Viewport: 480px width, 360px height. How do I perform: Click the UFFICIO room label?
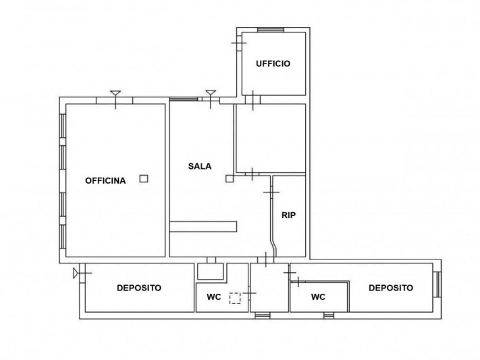point(273,64)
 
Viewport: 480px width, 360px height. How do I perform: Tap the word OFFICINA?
point(105,181)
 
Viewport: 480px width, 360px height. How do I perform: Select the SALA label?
point(200,166)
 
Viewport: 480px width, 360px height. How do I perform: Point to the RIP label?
point(288,215)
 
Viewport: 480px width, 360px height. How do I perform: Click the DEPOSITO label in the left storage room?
point(139,288)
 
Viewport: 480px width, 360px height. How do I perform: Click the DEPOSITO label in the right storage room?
point(391,288)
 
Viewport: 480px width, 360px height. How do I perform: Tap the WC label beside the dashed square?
point(214,297)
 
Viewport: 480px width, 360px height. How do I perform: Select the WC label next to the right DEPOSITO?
point(318,297)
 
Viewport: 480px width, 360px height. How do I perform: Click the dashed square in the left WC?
point(235,298)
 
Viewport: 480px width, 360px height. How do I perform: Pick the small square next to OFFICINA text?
point(144,179)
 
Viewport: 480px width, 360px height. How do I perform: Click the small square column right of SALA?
point(229,179)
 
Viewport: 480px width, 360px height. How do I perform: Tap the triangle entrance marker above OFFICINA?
point(115,93)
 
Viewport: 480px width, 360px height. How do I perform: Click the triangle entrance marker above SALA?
point(211,93)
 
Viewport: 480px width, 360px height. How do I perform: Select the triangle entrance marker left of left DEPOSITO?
point(75,273)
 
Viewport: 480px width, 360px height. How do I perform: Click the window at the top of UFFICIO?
point(271,30)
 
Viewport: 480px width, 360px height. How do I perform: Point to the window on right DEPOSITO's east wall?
point(438,284)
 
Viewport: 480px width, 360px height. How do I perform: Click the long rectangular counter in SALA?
point(203,227)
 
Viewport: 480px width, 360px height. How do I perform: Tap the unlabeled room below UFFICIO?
point(271,138)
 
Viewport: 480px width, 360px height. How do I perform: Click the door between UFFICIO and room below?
point(253,100)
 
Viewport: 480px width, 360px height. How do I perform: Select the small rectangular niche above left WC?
point(210,271)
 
